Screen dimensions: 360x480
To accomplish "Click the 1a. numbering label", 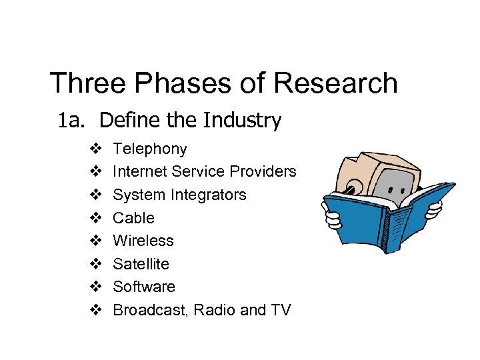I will coord(72,121).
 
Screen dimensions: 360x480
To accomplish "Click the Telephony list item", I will coord(149,149).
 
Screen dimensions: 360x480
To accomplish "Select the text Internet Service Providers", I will coord(204,171).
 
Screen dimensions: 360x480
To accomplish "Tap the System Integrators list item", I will coord(179,195).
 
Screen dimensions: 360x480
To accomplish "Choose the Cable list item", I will coord(133,218).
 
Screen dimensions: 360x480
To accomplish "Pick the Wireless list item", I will coord(143,241).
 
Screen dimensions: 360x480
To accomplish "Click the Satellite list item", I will coord(141,264).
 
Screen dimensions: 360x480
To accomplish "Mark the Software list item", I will coord(143,287).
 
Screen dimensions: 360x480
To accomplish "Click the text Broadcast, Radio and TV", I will coord(201,310).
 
